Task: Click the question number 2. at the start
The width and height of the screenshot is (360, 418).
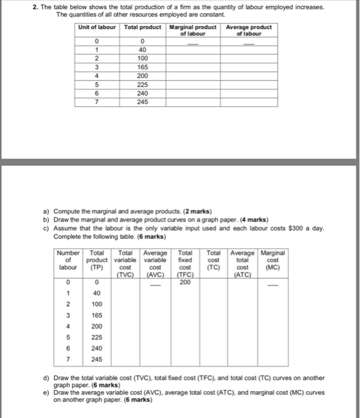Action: tap(37, 7)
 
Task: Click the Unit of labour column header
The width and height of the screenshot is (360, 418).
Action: tap(98, 27)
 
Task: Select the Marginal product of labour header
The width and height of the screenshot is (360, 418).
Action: tap(192, 30)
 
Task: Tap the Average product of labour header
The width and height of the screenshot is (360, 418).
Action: tap(249, 30)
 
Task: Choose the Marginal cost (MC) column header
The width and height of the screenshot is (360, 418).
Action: tap(273, 261)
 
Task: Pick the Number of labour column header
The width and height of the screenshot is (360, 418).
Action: tap(68, 261)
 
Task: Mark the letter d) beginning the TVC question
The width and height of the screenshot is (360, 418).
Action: tap(46, 379)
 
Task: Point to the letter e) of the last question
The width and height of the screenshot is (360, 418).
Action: tap(46, 394)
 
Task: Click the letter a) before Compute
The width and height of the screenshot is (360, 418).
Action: tap(46, 212)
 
